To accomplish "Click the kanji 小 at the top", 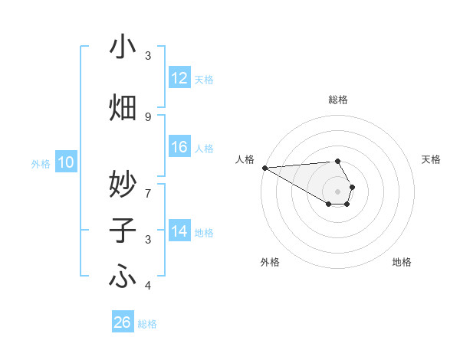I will pyautogui.click(x=123, y=47).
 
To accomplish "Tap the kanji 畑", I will pyautogui.click(x=123, y=107).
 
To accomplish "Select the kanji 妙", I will pyautogui.click(x=123, y=184).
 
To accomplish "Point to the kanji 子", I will pyautogui.click(x=123, y=231).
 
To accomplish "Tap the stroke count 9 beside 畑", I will pyautogui.click(x=148, y=116).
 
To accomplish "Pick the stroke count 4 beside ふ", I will pyautogui.click(x=148, y=286).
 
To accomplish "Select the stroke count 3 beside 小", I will pyautogui.click(x=148, y=56).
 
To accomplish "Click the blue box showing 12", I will pyautogui.click(x=179, y=78).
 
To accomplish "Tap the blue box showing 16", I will pyautogui.click(x=179, y=147).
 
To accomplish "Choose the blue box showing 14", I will pyautogui.click(x=179, y=231).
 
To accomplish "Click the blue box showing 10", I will pyautogui.click(x=66, y=162).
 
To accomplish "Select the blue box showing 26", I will pyautogui.click(x=123, y=322).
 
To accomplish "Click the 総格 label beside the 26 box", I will pyautogui.click(x=147, y=324).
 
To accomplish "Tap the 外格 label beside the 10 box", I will pyautogui.click(x=41, y=163).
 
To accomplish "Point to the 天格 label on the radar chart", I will pyautogui.click(x=431, y=159).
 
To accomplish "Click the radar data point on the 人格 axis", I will pyautogui.click(x=264, y=168).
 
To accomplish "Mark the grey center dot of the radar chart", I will pyautogui.click(x=337, y=191).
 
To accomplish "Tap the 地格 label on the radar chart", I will pyautogui.click(x=402, y=262).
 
